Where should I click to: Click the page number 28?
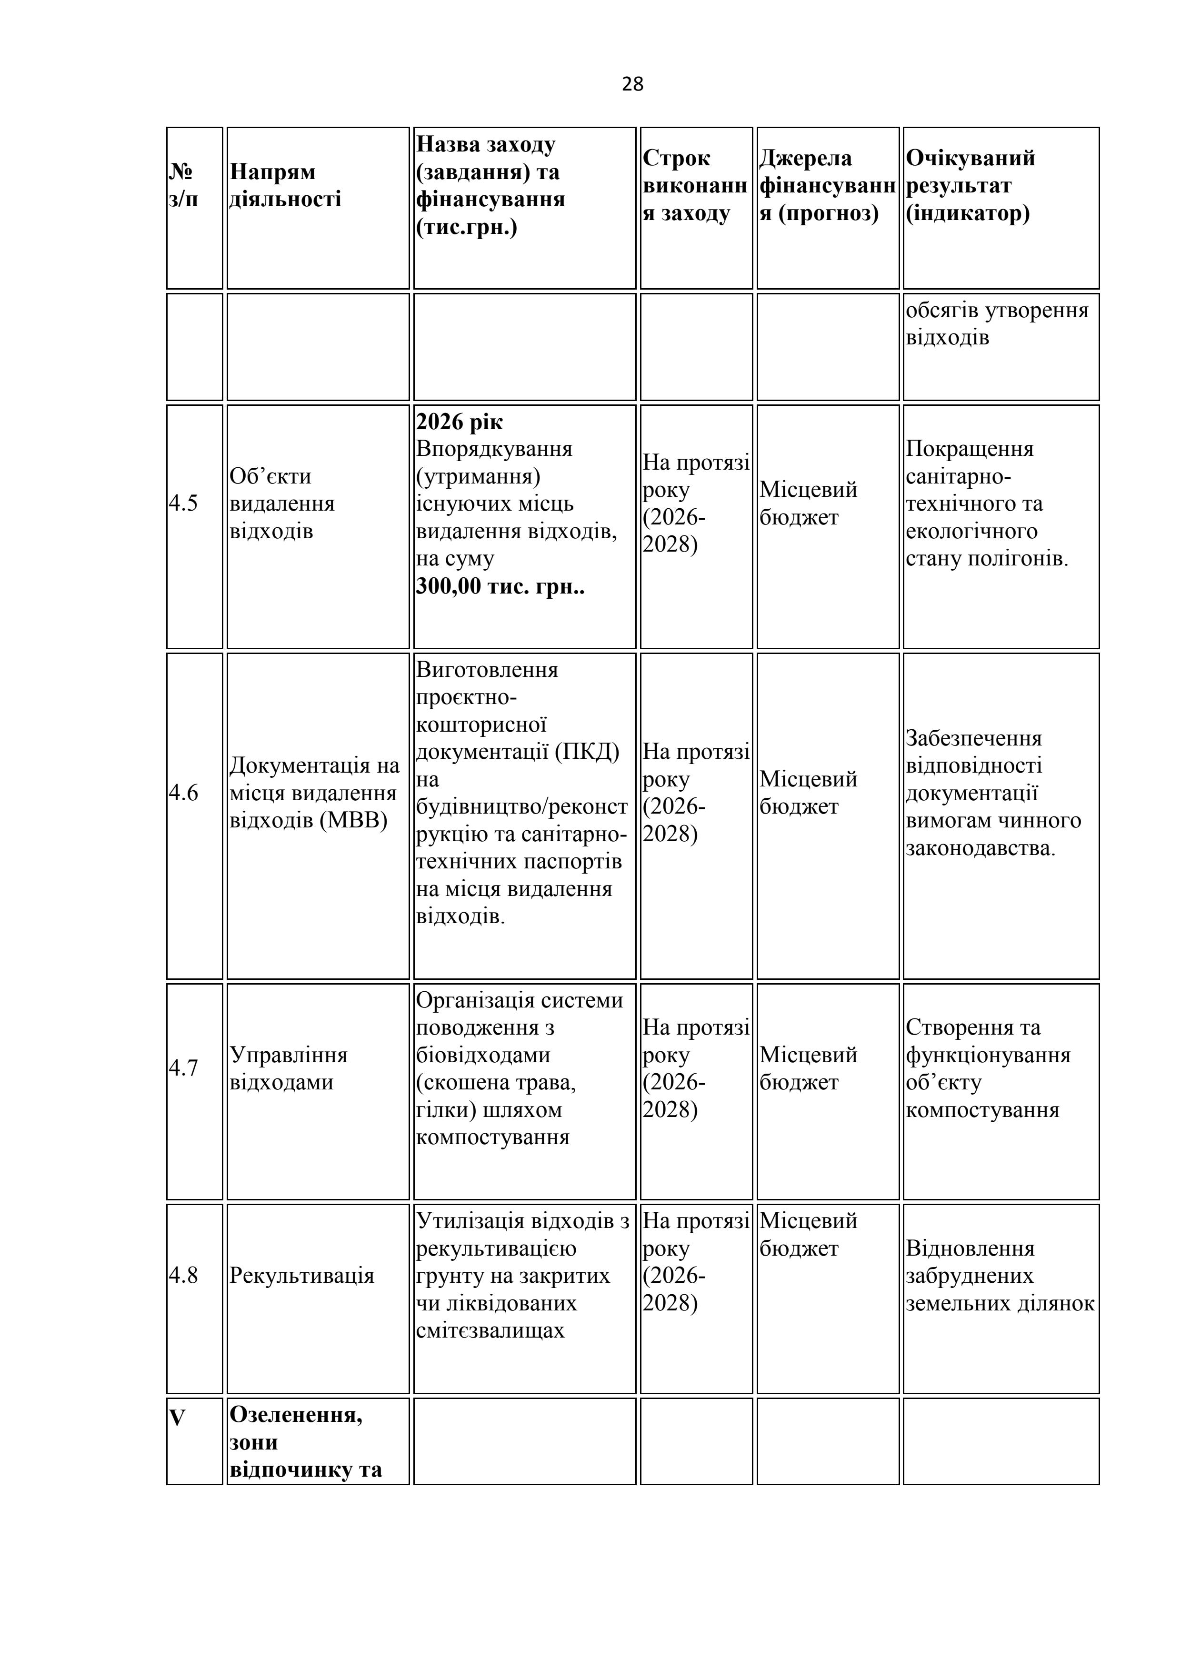632,84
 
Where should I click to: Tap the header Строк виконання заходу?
694,186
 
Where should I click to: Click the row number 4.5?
183,503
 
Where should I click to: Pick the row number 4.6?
183,793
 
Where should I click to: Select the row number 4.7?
183,1067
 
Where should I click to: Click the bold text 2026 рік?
459,422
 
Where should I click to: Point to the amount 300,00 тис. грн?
500,586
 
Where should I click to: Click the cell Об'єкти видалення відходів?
281,503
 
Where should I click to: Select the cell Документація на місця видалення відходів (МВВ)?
314,793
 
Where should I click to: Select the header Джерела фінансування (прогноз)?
827,186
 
